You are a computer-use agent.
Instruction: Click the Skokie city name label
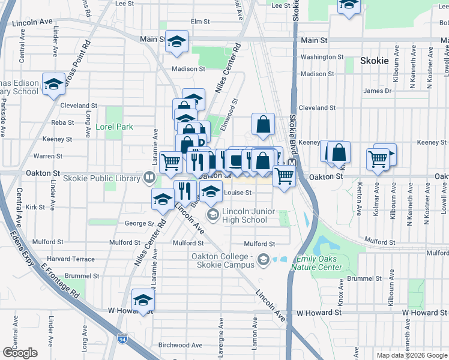(x=375, y=61)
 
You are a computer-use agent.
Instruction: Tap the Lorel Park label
(x=114, y=127)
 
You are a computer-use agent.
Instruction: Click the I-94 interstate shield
(x=122, y=339)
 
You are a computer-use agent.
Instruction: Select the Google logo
(x=20, y=352)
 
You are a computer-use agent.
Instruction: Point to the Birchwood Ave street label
(x=179, y=345)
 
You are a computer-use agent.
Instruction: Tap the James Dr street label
(x=377, y=91)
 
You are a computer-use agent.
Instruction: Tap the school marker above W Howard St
(x=143, y=300)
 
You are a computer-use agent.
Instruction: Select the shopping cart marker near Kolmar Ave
(x=378, y=160)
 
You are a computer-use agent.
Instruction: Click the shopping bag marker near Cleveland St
(x=263, y=124)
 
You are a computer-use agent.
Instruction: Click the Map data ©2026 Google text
(x=411, y=355)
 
